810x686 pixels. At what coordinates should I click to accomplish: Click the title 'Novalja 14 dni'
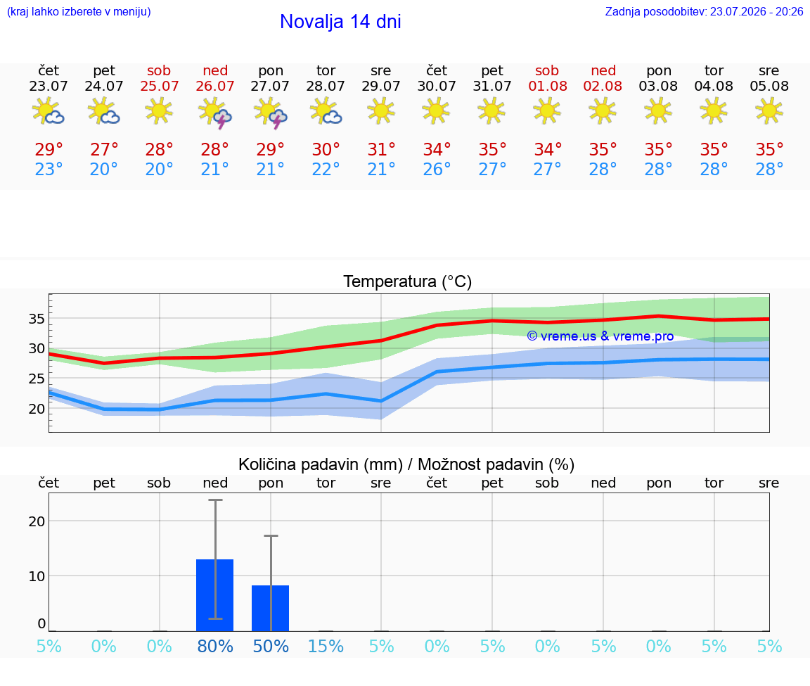340,22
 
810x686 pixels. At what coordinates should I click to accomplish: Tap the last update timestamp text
704,12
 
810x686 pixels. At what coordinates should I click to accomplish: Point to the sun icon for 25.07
159,110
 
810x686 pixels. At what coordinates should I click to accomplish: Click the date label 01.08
548,87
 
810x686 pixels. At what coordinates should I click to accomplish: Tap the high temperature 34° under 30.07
437,149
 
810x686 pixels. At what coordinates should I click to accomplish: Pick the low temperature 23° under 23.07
49,169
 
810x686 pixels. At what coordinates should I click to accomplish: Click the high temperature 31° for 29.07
381,149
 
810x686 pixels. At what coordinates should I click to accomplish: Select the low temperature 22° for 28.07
326,169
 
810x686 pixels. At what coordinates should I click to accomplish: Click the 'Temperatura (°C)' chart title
408,281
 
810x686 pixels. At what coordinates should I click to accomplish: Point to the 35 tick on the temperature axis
37,319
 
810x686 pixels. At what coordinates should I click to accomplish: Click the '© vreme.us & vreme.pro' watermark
600,336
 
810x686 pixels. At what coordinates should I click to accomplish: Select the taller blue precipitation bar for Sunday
215,595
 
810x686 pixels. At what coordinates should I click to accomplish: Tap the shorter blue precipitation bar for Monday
270,609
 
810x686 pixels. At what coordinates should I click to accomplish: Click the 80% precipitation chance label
215,646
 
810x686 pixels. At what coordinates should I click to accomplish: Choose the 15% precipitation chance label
326,646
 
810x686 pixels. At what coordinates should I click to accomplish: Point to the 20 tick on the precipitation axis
37,521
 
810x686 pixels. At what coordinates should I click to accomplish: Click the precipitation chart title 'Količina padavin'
321,465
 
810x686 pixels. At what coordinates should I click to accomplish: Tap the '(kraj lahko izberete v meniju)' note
79,12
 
